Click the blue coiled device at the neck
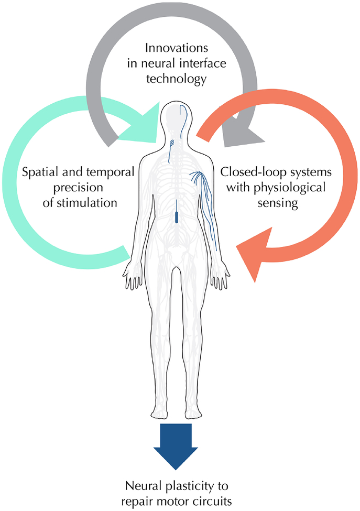pos(171,143)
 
